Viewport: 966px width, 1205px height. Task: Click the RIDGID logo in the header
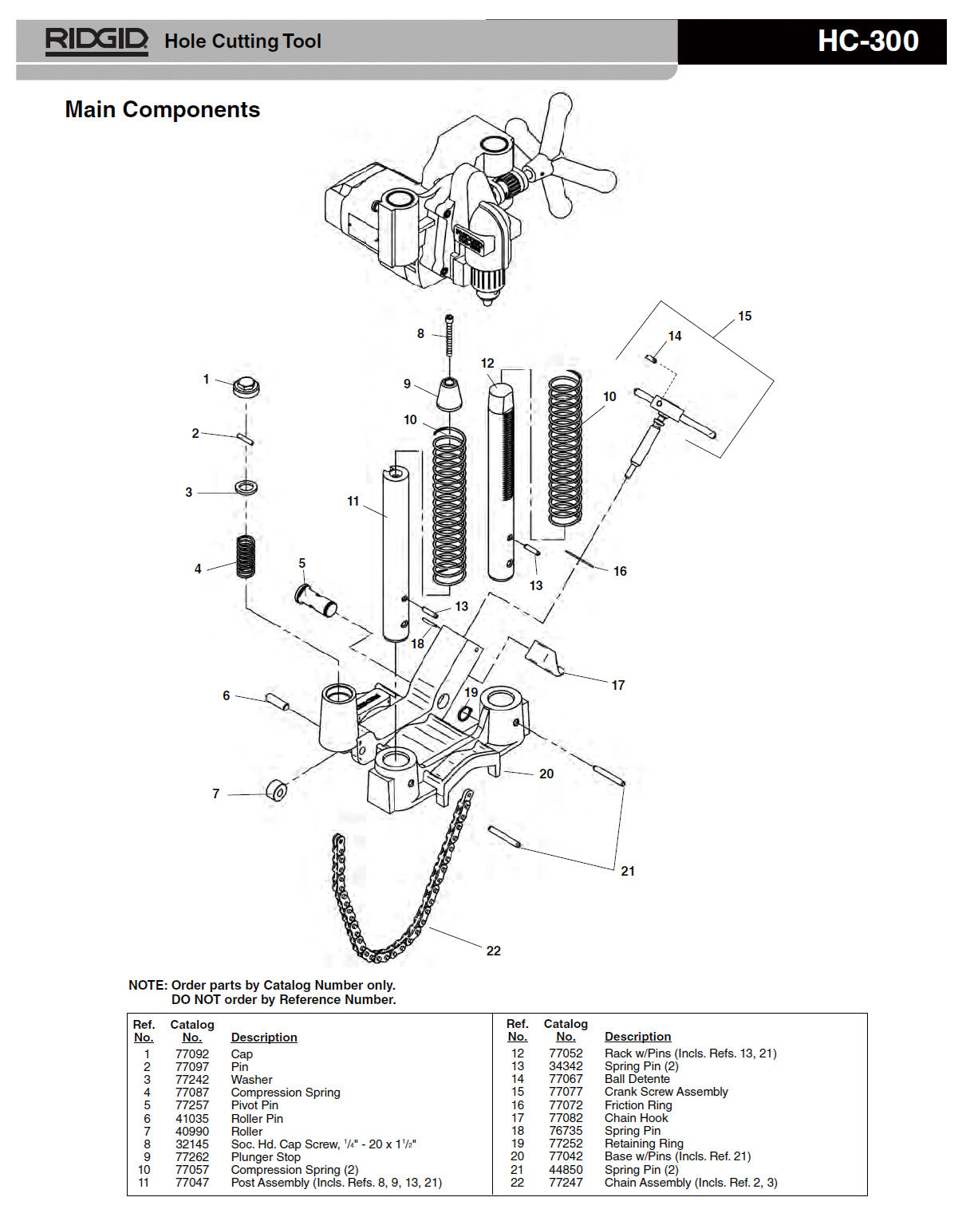97,41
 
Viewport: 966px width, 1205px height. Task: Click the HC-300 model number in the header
867,41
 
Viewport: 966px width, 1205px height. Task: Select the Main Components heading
162,109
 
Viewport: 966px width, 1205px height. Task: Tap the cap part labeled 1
246,388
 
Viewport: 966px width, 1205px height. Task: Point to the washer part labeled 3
246,487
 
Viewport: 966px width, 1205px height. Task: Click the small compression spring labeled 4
246,556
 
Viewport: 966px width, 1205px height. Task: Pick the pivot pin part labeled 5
316,601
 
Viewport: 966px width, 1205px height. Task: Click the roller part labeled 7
277,791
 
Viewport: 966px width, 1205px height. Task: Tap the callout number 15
744,316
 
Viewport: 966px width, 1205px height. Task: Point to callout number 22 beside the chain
493,951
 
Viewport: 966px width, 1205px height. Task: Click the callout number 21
628,871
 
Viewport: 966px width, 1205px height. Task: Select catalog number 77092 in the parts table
191,1053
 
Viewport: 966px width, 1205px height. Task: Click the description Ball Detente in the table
637,1079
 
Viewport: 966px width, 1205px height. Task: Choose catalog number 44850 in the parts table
566,1169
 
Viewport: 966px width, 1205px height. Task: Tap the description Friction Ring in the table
637,1105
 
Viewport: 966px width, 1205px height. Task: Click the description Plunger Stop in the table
266,1156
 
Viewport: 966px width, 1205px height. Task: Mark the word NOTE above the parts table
148,985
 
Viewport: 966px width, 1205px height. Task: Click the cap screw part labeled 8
449,334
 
